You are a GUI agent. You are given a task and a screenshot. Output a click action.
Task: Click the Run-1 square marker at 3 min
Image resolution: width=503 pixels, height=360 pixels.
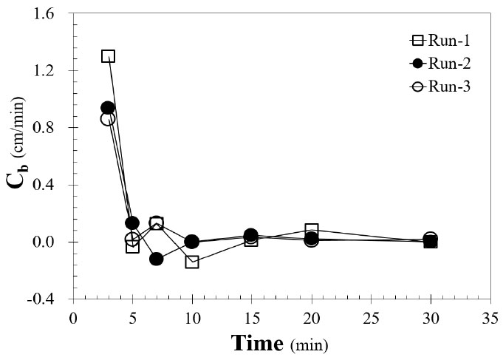click(108, 56)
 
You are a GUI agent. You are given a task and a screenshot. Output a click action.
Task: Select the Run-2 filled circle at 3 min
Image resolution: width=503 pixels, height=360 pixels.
click(108, 108)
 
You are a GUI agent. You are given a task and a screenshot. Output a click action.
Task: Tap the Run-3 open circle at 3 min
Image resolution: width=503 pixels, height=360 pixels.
click(108, 118)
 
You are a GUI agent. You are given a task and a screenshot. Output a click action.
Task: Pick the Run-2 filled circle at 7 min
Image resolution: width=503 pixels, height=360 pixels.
click(156, 259)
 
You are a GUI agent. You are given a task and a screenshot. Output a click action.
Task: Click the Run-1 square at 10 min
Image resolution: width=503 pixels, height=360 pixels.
click(192, 262)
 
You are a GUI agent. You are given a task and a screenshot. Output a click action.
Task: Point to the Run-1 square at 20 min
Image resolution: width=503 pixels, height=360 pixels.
click(312, 230)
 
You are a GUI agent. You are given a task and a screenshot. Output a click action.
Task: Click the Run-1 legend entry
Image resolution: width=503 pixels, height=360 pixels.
click(442, 41)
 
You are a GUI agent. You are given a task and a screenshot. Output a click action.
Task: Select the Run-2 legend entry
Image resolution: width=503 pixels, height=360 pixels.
click(442, 64)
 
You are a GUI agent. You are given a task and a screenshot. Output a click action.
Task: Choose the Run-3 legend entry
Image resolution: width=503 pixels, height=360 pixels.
click(442, 86)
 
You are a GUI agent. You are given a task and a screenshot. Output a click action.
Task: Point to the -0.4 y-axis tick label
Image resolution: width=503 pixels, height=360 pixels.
click(52, 299)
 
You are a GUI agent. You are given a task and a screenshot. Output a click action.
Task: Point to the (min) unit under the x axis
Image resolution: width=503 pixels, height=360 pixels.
click(309, 345)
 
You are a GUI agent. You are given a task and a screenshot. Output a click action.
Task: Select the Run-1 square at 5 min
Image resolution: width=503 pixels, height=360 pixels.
click(132, 246)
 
